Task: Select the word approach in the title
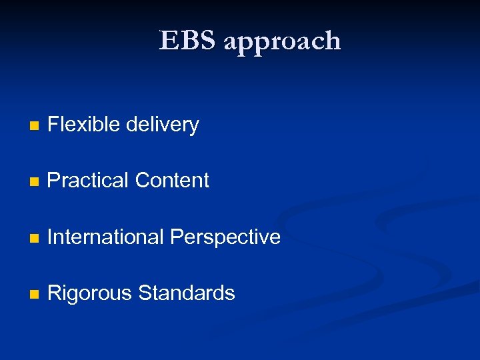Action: [x=283, y=41]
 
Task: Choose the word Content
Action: [x=172, y=180]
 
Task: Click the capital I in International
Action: [x=51, y=237]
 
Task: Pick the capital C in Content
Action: [x=142, y=180]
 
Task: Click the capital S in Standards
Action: [x=145, y=293]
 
